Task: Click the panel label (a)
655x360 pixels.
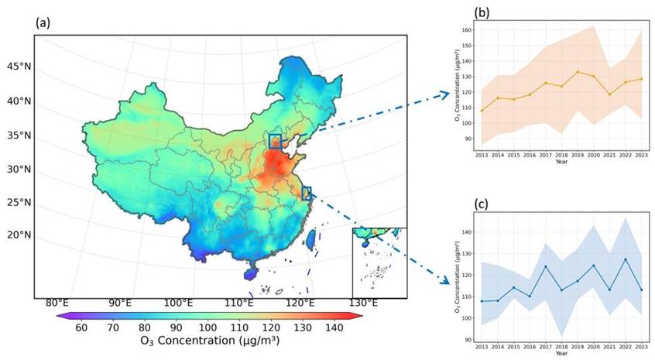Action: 43,22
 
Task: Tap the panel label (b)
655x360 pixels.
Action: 482,13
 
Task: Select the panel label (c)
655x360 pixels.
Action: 482,205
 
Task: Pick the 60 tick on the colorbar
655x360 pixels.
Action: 81,327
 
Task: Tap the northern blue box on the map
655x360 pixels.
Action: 275,141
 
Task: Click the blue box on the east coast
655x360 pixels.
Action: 307,194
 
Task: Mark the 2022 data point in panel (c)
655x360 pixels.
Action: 624,259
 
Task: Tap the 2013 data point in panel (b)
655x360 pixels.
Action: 481,111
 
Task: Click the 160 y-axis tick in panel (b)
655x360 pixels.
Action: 466,30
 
